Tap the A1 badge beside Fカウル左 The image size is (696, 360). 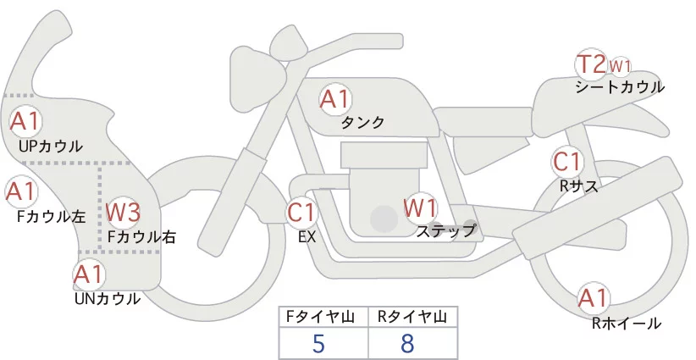[x=19, y=191]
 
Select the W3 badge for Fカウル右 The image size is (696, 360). [x=123, y=212]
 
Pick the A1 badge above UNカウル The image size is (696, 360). [x=88, y=274]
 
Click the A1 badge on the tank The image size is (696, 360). [x=334, y=99]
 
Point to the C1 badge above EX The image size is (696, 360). [x=301, y=211]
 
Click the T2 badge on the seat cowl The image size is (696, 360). [x=590, y=64]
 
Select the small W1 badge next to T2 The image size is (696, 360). [x=621, y=65]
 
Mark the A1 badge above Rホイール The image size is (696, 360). [x=593, y=297]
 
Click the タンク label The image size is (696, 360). [x=363, y=123]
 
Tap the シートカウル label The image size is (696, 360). [x=620, y=87]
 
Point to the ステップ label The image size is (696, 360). [x=446, y=230]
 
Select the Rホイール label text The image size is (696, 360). [x=627, y=323]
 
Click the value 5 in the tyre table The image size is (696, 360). [x=318, y=344]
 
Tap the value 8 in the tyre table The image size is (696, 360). [x=408, y=344]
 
